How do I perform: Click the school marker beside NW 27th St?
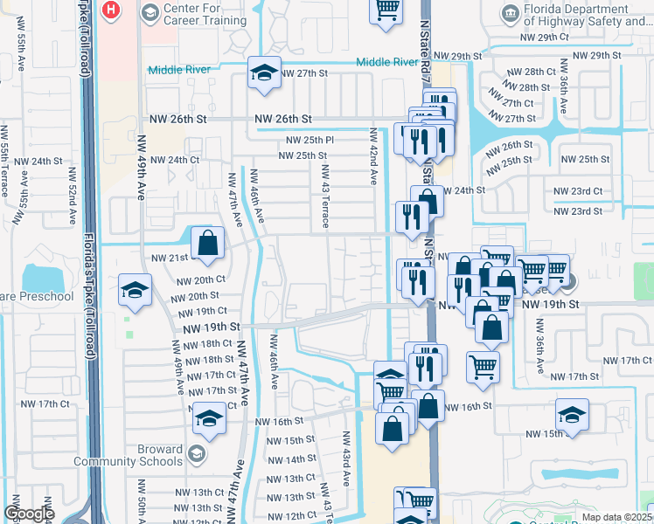point(262,73)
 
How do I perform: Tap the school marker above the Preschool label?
point(135,291)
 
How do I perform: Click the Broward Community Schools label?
point(129,456)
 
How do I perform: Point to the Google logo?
point(29,514)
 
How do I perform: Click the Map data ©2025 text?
point(617,517)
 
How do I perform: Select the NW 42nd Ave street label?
point(373,157)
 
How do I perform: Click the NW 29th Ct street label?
point(544,38)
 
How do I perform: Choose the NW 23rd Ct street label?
point(578,191)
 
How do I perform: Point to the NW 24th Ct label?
point(175,160)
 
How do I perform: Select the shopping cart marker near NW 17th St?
point(483,368)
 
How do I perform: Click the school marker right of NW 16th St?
point(572,416)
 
